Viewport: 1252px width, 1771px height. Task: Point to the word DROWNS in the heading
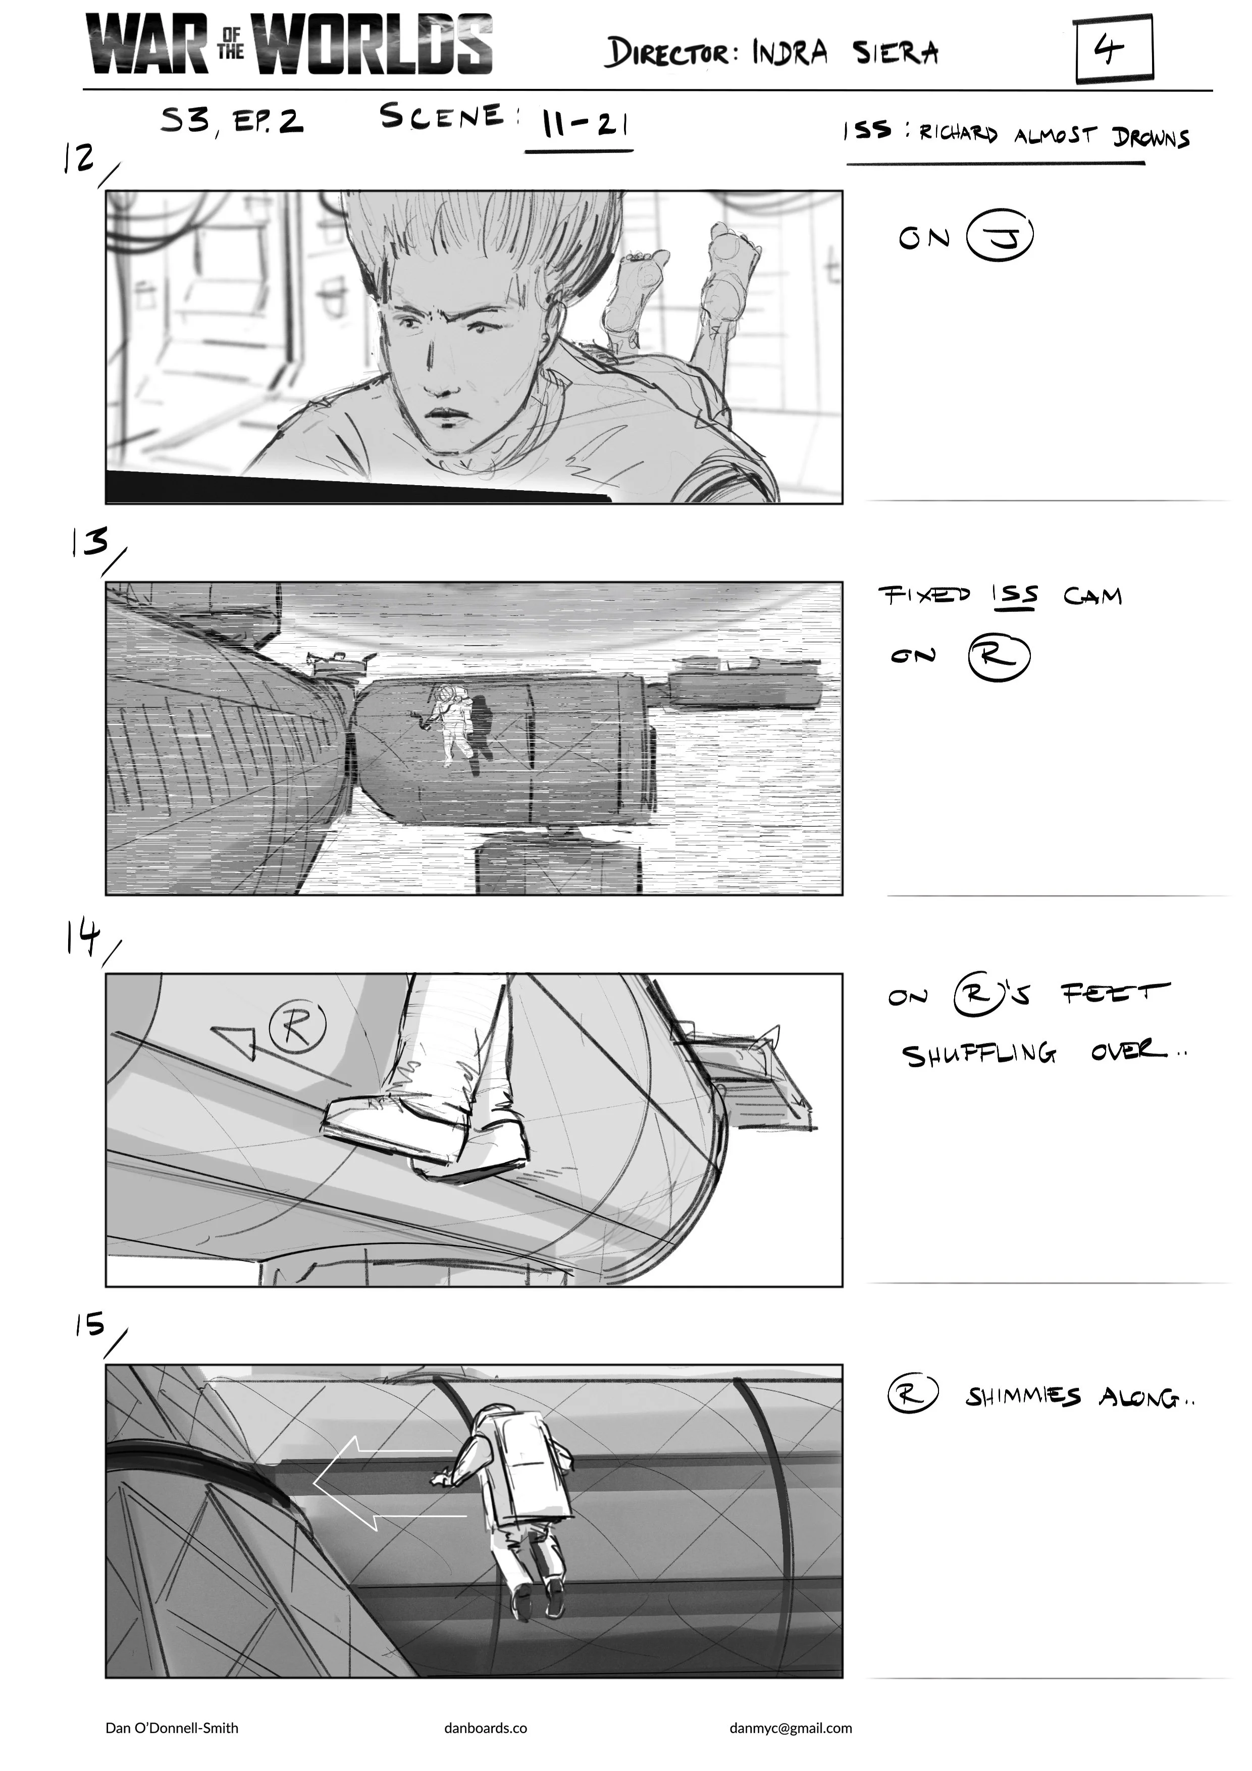click(x=1151, y=137)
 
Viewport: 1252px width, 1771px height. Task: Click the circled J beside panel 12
click(x=1000, y=238)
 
